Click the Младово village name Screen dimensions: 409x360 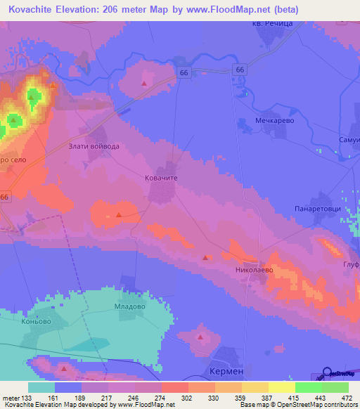point(129,306)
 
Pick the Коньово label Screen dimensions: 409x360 point(37,321)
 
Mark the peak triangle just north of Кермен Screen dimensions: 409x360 point(201,338)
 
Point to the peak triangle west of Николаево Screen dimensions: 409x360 point(205,257)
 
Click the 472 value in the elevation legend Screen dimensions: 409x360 point(347,398)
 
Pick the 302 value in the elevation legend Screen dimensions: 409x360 point(187,398)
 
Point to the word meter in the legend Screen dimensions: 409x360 point(11,398)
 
